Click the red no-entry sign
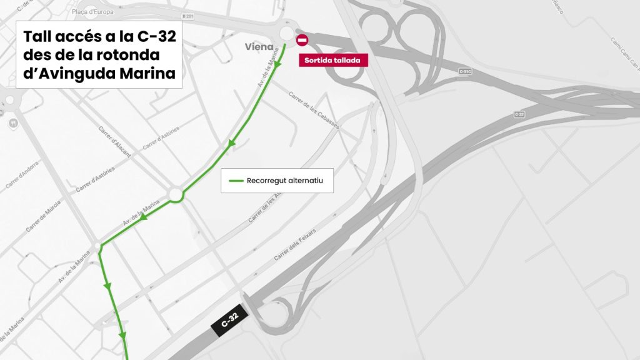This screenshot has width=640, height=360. click(302, 41)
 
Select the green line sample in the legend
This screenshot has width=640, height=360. click(236, 181)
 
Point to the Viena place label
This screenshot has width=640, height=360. click(259, 46)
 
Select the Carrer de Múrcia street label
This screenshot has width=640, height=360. click(46, 218)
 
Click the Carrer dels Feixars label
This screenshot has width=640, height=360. click(295, 244)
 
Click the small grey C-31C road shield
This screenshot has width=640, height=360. click(464, 72)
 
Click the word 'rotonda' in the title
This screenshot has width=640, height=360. click(132, 55)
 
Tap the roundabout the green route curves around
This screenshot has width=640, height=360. click(174, 194)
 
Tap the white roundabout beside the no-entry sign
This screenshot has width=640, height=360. click(287, 34)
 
